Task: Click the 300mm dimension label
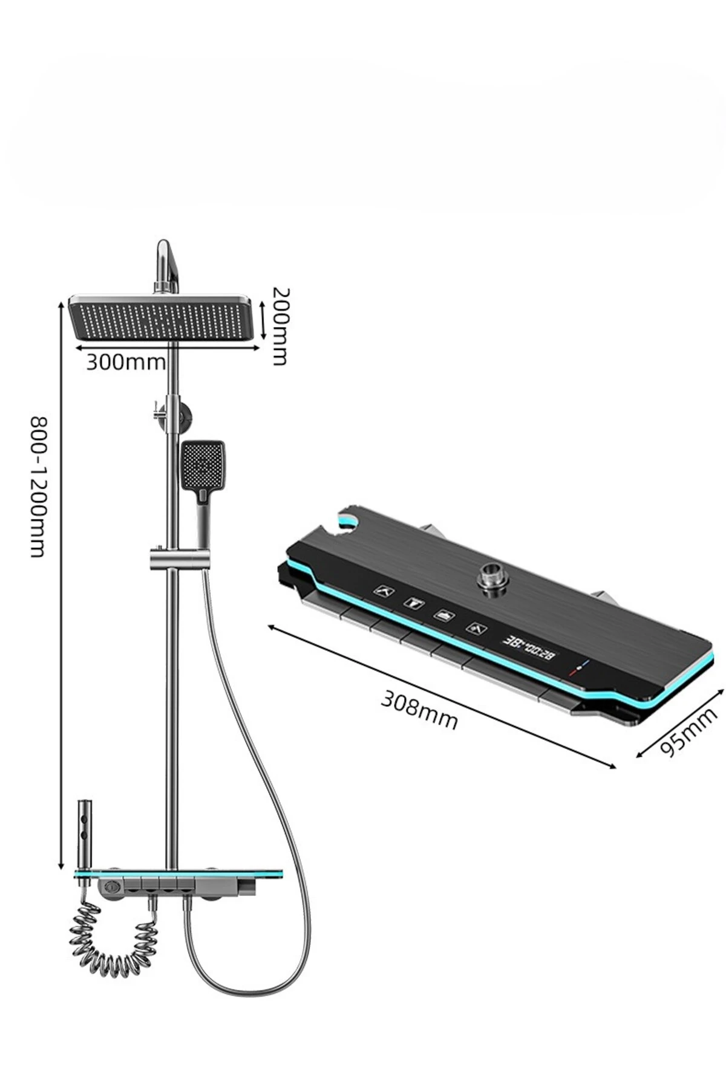pos(125,362)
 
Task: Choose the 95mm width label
pos(688,731)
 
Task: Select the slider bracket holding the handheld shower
pos(180,559)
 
